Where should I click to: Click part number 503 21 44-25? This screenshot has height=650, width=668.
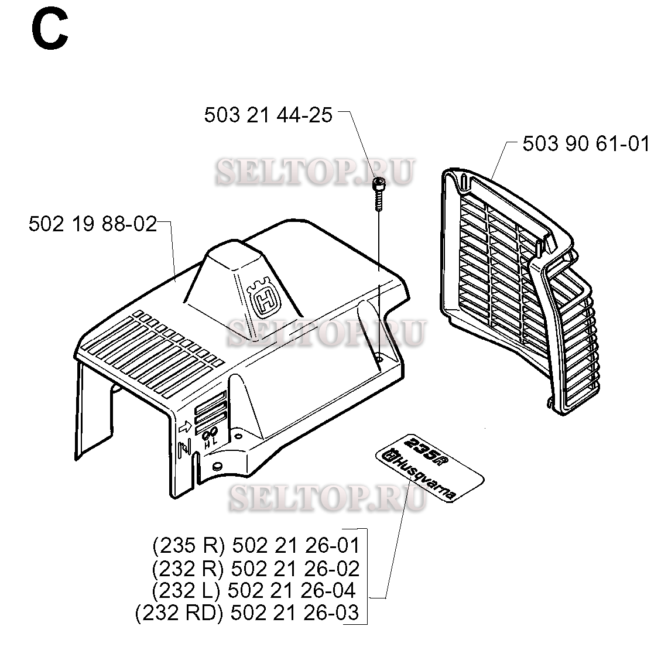(268, 115)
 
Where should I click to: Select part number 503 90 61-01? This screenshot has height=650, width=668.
(586, 143)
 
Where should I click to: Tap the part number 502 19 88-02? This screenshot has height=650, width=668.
(93, 224)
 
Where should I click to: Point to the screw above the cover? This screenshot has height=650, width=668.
(378, 194)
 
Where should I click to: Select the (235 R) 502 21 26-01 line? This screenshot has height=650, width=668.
(256, 546)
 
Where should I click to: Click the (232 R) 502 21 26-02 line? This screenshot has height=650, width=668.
(256, 568)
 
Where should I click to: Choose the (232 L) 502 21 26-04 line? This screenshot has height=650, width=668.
(254, 590)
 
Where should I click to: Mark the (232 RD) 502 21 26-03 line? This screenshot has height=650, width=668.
(247, 613)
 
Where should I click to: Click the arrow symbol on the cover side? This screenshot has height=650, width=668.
(186, 427)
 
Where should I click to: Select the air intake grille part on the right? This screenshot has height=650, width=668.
(520, 290)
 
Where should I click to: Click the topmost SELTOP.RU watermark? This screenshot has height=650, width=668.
(315, 172)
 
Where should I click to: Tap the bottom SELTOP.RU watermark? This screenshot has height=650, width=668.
(327, 497)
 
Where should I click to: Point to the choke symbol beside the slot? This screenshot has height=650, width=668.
(184, 449)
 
